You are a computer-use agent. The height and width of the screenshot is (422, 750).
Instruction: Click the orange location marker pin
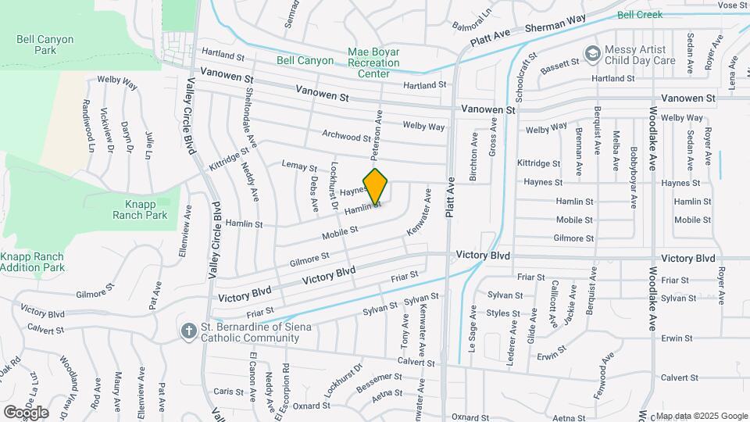pos(376,186)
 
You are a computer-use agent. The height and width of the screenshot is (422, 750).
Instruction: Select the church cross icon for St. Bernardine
pos(187,331)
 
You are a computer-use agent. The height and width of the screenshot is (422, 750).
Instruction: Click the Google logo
pos(26,412)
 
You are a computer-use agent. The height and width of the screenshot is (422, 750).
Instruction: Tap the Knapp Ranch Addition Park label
pos(31,262)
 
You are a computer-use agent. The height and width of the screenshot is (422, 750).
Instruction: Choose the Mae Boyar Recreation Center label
pos(373,63)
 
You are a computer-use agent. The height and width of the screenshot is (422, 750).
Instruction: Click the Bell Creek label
pos(639,15)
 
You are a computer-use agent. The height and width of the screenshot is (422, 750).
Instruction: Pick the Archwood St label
pos(346,135)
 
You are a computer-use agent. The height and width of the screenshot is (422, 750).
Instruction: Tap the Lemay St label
pos(299,166)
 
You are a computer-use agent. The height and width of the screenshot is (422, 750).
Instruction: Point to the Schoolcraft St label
pos(521,77)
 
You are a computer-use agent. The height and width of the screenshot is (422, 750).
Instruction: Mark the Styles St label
pos(503,313)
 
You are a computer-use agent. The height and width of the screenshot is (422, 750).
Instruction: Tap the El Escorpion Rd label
pos(286,382)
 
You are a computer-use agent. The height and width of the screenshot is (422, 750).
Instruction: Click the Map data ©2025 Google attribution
pos(701,415)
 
